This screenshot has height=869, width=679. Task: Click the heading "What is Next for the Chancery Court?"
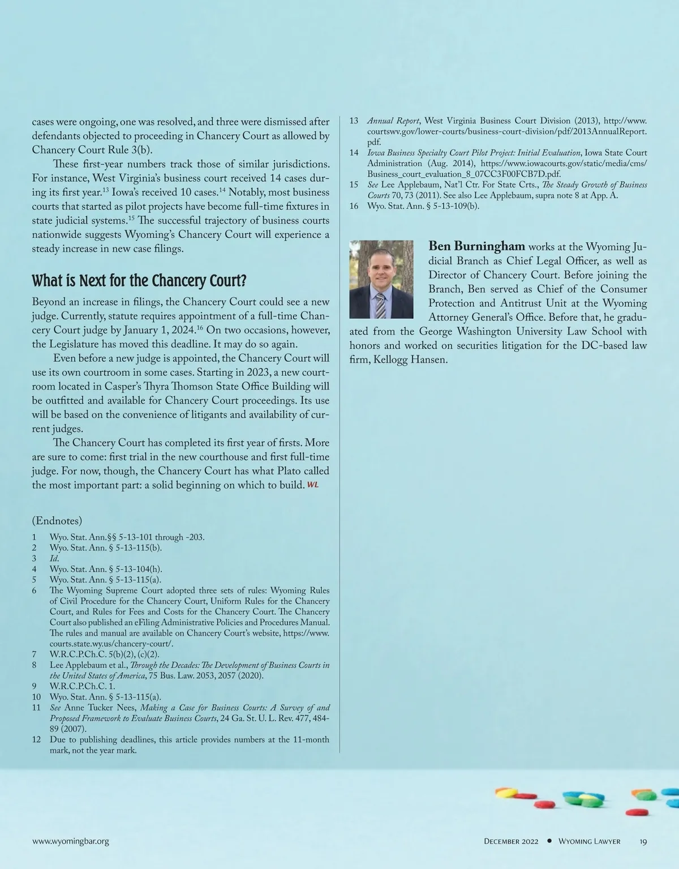[x=139, y=281]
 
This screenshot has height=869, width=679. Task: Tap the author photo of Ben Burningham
[x=381, y=279]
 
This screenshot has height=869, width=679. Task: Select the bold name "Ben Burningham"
[x=477, y=246]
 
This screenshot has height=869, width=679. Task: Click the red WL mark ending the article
[x=312, y=485]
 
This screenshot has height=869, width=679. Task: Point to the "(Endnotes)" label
[x=57, y=520]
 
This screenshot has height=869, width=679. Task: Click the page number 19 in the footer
[x=643, y=841]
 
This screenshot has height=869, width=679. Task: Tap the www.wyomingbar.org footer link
[x=70, y=841]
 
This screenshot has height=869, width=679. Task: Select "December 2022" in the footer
[x=511, y=841]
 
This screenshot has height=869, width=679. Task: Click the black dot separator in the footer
[x=549, y=841]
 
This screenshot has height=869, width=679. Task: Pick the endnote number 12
[x=37, y=739]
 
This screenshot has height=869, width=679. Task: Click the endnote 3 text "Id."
[x=54, y=558]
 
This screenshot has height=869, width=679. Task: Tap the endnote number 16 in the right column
[x=354, y=206]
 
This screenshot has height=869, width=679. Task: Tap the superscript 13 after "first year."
[x=106, y=189]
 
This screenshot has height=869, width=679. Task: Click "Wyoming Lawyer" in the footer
[x=589, y=841]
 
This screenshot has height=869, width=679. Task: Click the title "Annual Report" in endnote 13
[x=393, y=121]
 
